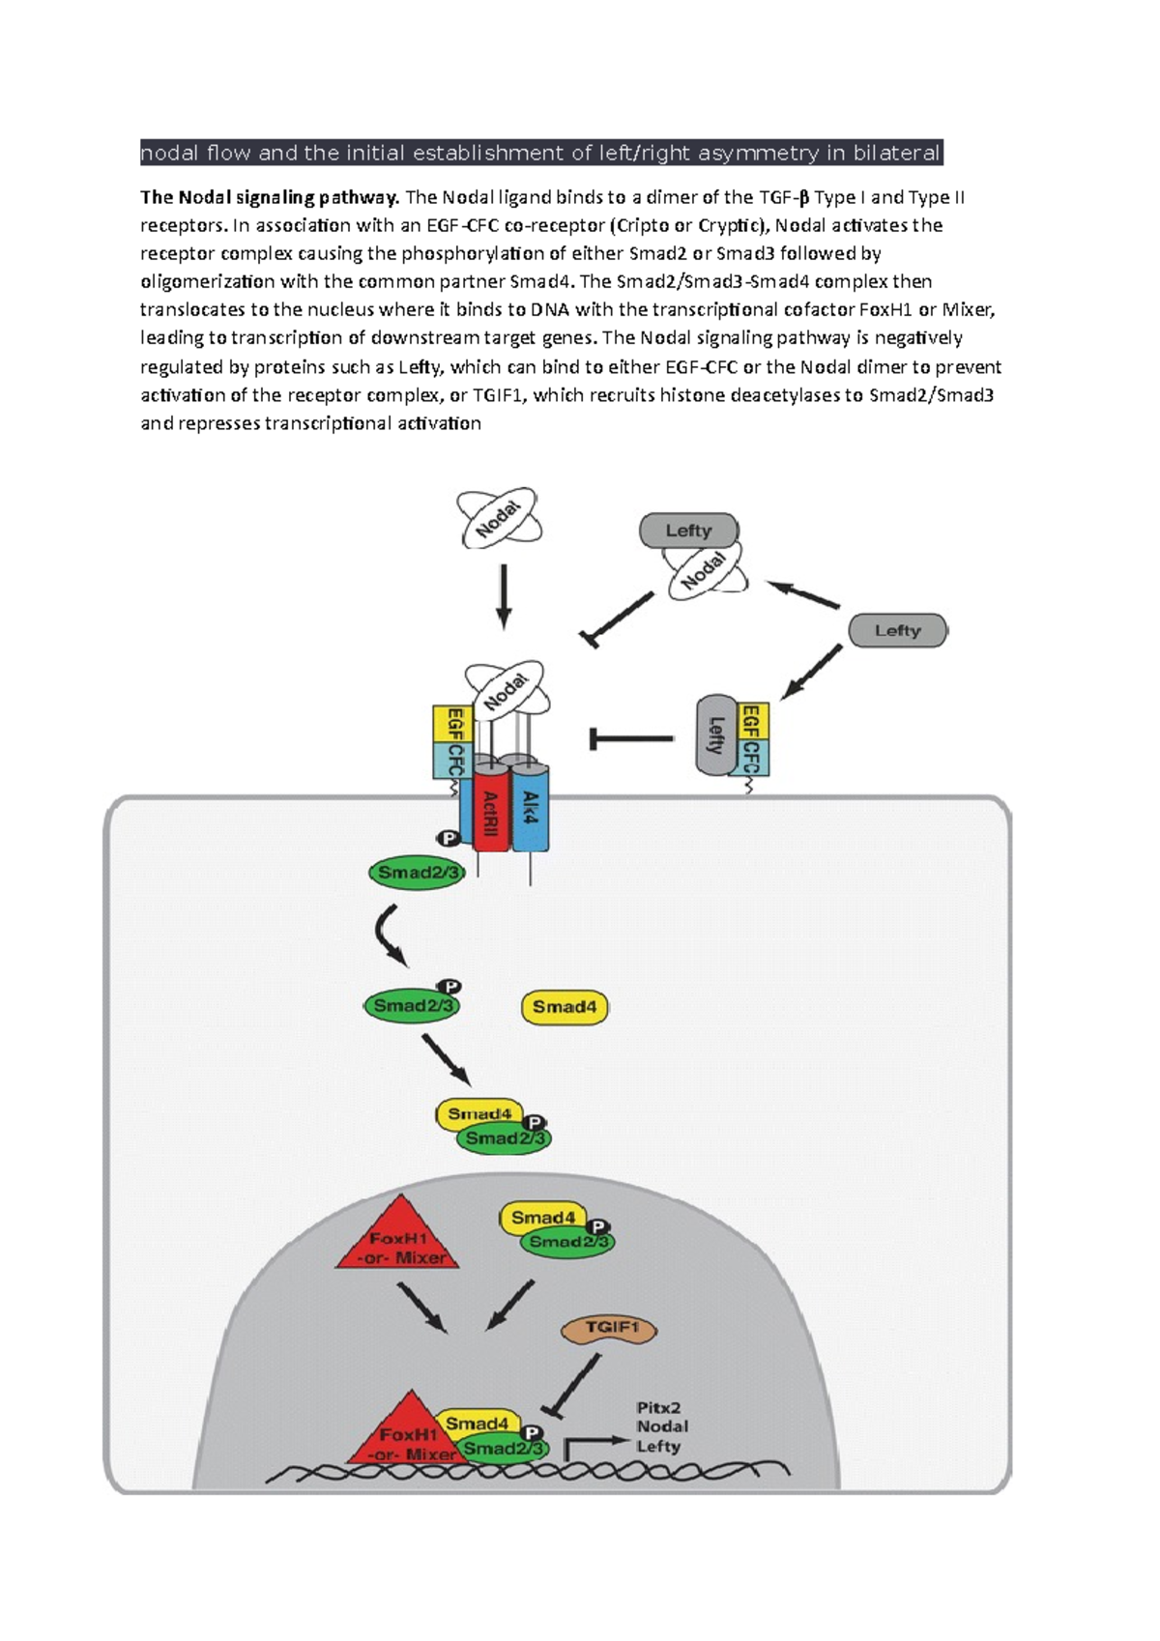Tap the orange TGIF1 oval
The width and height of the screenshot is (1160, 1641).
[609, 1330]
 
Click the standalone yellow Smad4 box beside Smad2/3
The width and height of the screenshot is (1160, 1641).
[565, 1007]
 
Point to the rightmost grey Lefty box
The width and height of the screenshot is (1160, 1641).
[897, 630]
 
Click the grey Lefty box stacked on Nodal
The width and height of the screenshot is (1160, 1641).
[688, 531]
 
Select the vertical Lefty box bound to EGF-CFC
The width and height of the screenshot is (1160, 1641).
[716, 734]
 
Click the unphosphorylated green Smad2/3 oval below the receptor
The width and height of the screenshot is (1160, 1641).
[417, 873]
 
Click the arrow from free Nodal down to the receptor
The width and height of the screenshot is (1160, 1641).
[503, 596]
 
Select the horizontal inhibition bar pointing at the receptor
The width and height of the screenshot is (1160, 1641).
[631, 739]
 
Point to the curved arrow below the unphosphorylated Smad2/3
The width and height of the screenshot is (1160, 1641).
[388, 935]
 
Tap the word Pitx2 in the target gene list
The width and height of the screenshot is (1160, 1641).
[658, 1408]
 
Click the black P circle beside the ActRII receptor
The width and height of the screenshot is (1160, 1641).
[447, 839]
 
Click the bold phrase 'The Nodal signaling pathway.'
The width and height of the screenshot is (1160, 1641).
[270, 198]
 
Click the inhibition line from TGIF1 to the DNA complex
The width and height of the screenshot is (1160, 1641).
[572, 1384]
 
